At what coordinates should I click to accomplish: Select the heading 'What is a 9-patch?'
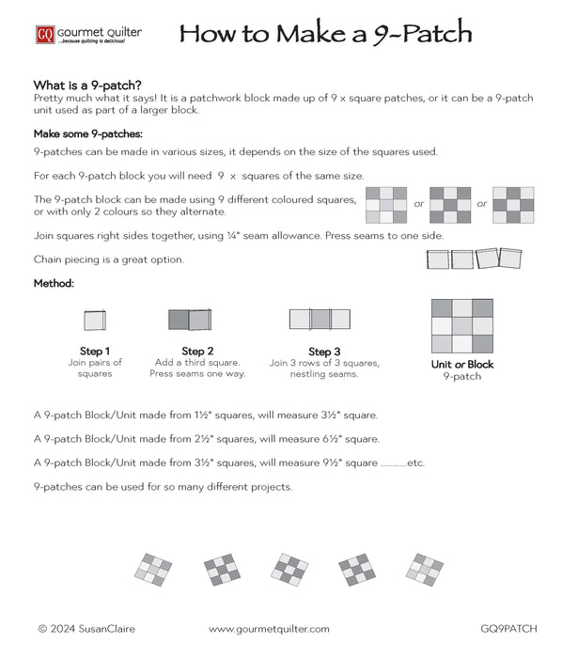[x=87, y=85]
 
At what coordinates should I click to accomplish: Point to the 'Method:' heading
[x=55, y=283]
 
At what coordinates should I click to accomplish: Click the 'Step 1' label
[x=95, y=352]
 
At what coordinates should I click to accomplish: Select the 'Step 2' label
[x=197, y=352]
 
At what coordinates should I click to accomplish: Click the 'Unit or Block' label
[x=461, y=365]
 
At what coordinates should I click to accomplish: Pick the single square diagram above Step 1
[x=95, y=321]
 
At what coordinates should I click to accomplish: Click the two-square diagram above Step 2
[x=190, y=321]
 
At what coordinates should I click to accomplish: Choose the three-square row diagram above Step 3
[x=320, y=319]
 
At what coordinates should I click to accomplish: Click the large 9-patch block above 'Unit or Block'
[x=461, y=324]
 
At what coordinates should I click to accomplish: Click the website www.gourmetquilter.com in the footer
[x=269, y=629]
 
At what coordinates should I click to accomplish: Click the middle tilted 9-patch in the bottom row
[x=289, y=569]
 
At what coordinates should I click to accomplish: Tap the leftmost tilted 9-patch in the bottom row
[x=154, y=569]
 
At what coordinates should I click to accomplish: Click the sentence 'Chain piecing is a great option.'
[x=109, y=258]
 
